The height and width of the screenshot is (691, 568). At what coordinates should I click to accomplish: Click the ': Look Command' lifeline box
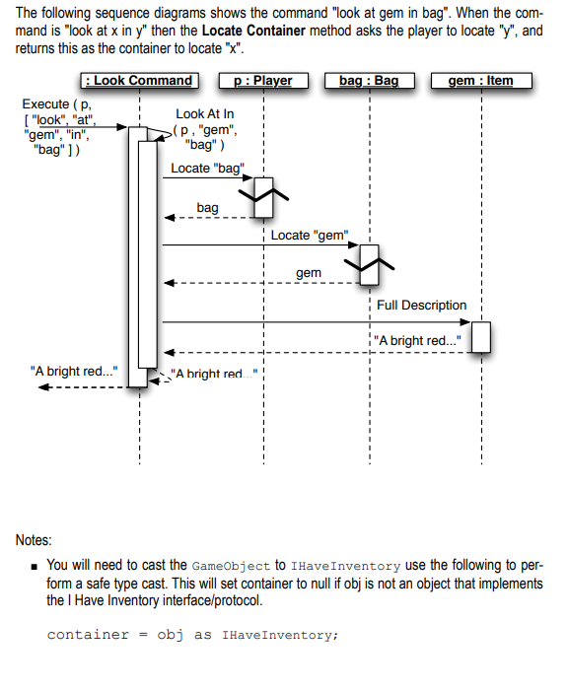tap(139, 81)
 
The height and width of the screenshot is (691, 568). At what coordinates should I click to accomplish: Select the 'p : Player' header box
tap(263, 81)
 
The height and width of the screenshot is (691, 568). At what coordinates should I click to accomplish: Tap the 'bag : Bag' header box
tap(369, 81)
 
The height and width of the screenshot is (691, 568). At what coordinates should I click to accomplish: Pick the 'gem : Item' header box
tap(481, 81)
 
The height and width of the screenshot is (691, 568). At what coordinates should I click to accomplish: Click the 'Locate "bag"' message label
tap(205, 169)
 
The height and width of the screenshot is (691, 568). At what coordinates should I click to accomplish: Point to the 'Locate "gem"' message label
tap(309, 236)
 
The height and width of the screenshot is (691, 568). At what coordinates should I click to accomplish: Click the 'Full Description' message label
tap(421, 306)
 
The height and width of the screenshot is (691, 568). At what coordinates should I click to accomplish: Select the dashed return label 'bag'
tap(207, 209)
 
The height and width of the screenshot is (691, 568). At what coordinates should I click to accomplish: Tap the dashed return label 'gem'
tap(308, 272)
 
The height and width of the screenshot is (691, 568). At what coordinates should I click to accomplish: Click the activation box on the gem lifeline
tap(481, 336)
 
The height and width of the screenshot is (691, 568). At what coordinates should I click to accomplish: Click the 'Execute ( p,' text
tap(59, 104)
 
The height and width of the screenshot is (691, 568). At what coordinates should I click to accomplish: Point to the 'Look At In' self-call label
tap(205, 115)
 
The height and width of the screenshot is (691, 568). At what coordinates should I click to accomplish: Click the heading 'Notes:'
tap(35, 540)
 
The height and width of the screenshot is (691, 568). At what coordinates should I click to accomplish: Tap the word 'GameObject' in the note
tap(230, 566)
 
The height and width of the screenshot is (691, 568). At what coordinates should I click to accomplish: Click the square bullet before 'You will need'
tap(34, 566)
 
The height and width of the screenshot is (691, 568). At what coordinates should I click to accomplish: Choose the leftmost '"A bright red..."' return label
tap(73, 372)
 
